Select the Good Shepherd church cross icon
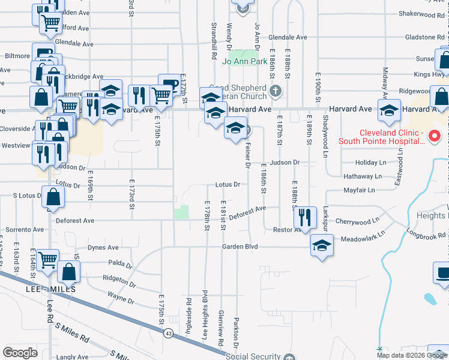pyautogui.click(x=276, y=91)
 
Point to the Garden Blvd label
pyautogui.click(x=240, y=246)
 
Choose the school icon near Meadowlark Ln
pyautogui.click(x=322, y=245)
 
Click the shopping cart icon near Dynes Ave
pyautogui.click(x=47, y=261)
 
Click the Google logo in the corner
pyautogui.click(x=20, y=353)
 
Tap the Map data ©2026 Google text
pyautogui.click(x=412, y=355)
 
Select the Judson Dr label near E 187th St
pyautogui.click(x=284, y=163)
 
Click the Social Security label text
pyautogui.click(x=253, y=356)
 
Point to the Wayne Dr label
pyautogui.click(x=120, y=295)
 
